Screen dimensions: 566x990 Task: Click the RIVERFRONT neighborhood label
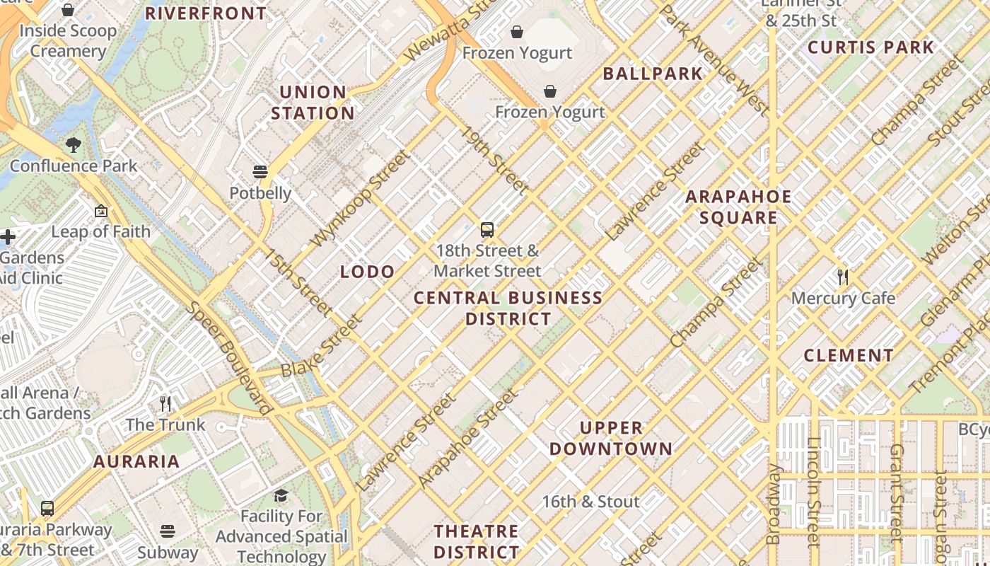pyautogui.click(x=206, y=13)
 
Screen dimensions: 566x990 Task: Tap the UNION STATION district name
pyautogui.click(x=313, y=103)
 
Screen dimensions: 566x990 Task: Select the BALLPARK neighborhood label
pyautogui.click(x=653, y=74)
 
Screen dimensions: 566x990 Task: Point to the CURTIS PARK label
pyautogui.click(x=870, y=47)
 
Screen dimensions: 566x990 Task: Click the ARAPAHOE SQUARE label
pyautogui.click(x=738, y=207)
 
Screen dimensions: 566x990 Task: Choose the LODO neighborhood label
pyautogui.click(x=367, y=272)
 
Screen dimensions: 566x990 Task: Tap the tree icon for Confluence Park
pyautogui.click(x=73, y=146)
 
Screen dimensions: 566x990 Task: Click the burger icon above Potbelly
pyautogui.click(x=260, y=172)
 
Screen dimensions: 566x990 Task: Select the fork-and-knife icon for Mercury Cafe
pyautogui.click(x=842, y=277)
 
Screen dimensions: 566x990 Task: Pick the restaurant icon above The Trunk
pyautogui.click(x=165, y=404)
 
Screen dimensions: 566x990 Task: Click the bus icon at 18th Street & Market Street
pyautogui.click(x=487, y=229)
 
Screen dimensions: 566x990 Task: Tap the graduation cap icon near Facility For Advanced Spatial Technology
pyautogui.click(x=281, y=495)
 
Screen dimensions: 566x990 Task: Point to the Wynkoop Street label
pyautogui.click(x=360, y=199)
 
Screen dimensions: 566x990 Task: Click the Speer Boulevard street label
pyautogui.click(x=229, y=359)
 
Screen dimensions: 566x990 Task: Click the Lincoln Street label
pyautogui.click(x=813, y=502)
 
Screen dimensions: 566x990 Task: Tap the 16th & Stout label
pyautogui.click(x=590, y=502)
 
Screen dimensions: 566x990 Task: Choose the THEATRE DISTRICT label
pyautogui.click(x=476, y=541)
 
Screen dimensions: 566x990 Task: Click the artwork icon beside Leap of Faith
pyautogui.click(x=101, y=211)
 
